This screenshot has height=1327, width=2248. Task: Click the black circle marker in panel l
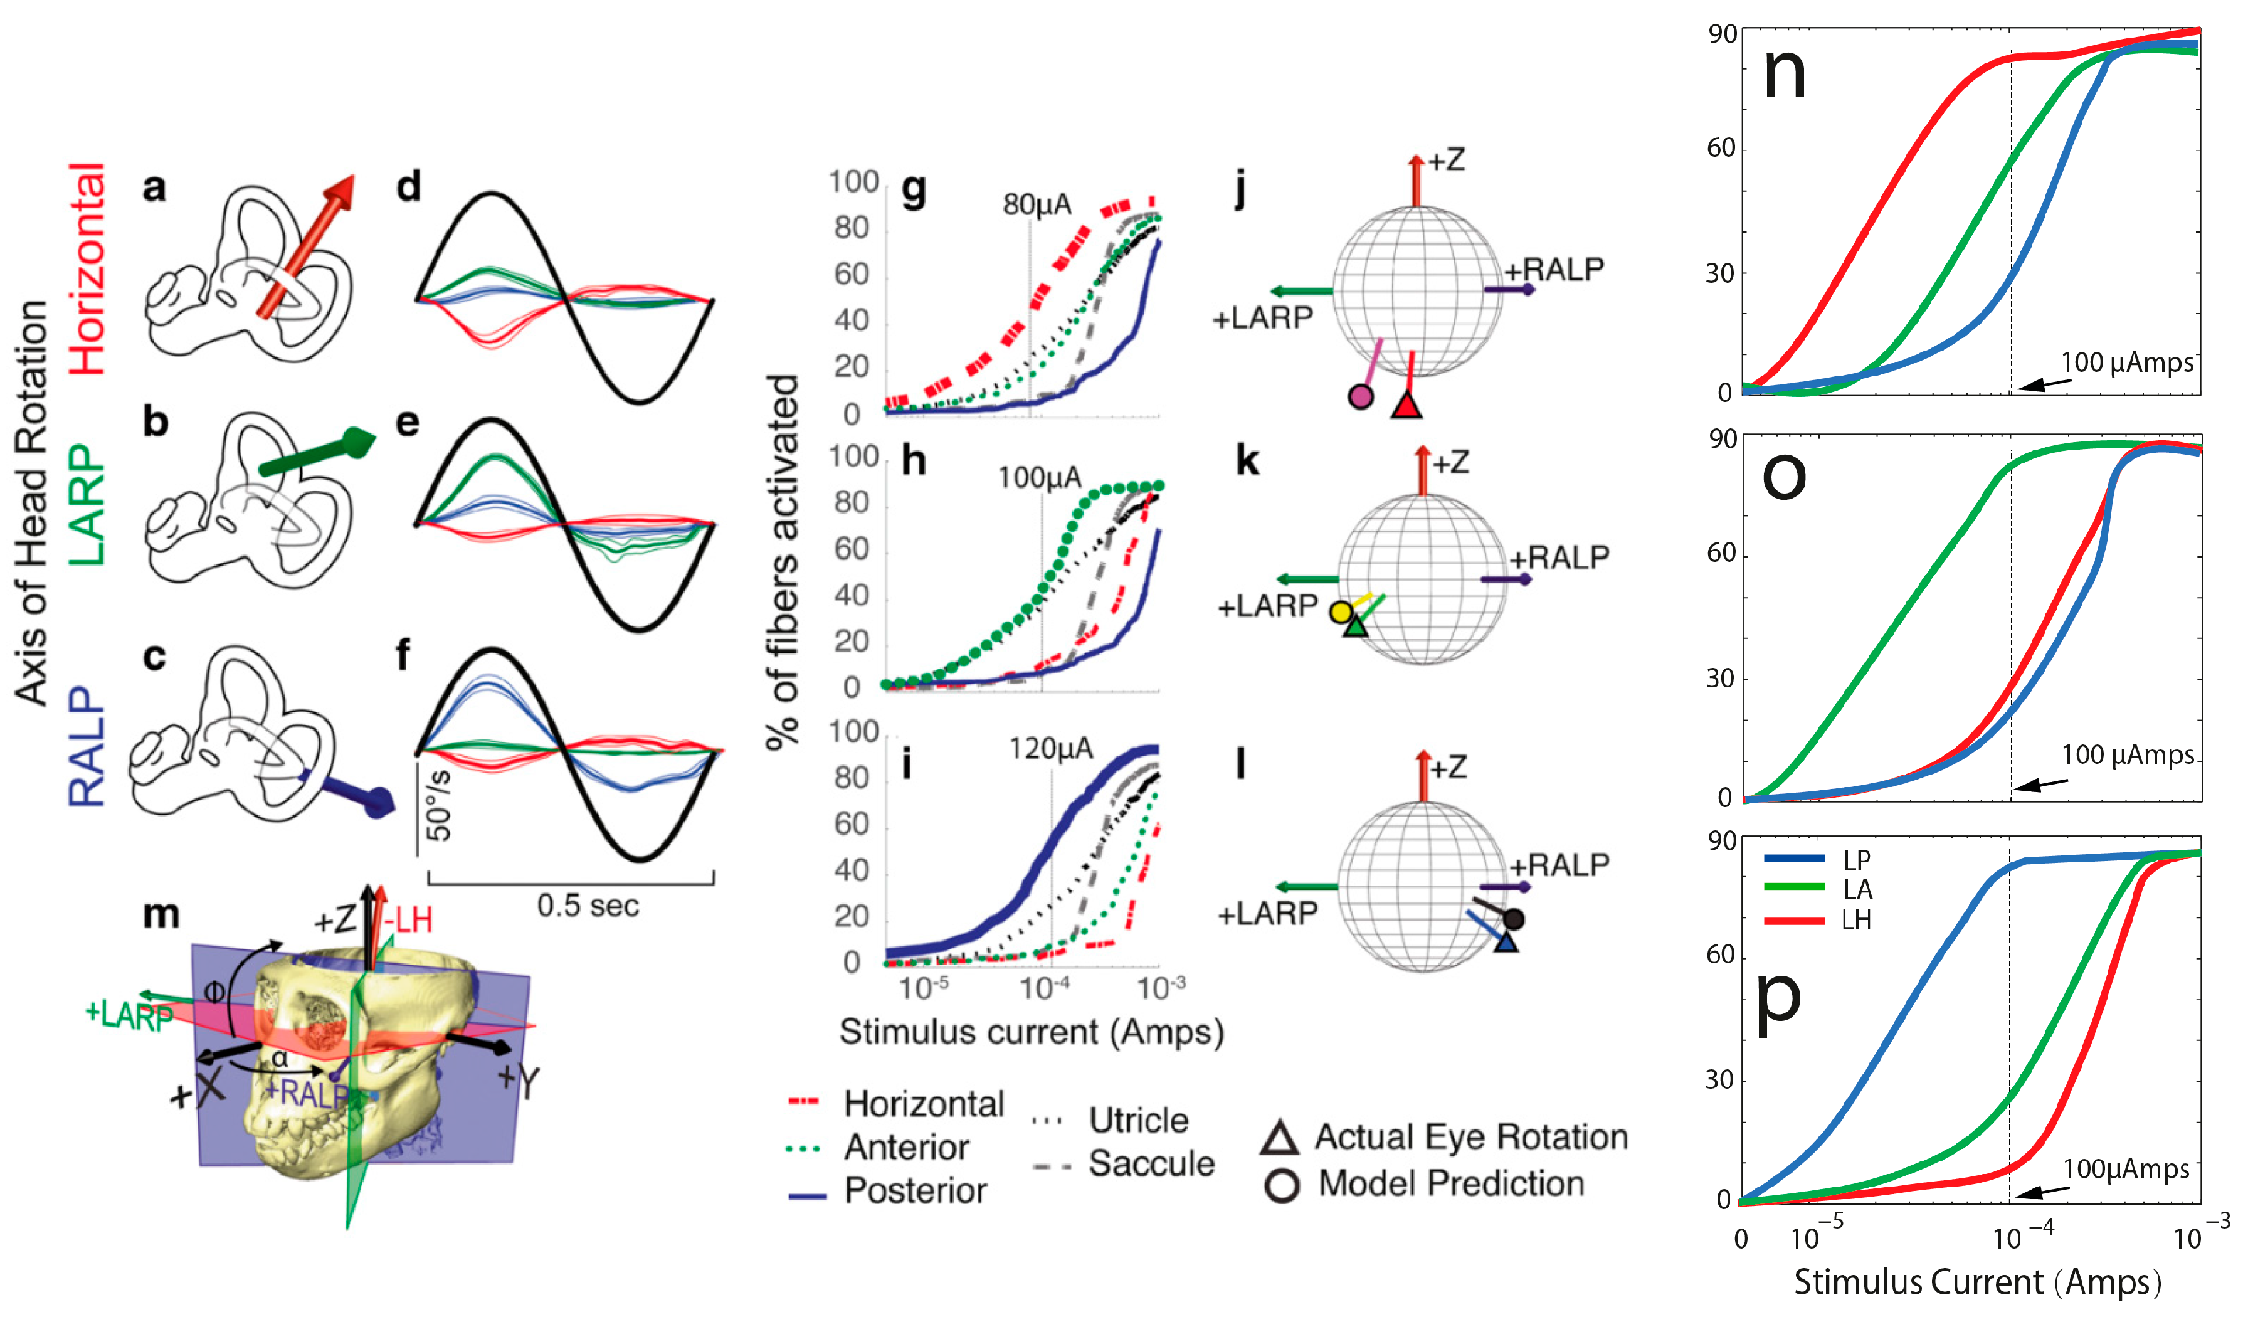1513,918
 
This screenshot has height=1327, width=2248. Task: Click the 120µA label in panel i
1050,748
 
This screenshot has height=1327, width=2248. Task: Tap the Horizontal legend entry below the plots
923,1104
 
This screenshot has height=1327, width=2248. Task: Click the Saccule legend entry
1151,1164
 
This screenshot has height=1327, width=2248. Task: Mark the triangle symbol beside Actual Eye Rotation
1279,1138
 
